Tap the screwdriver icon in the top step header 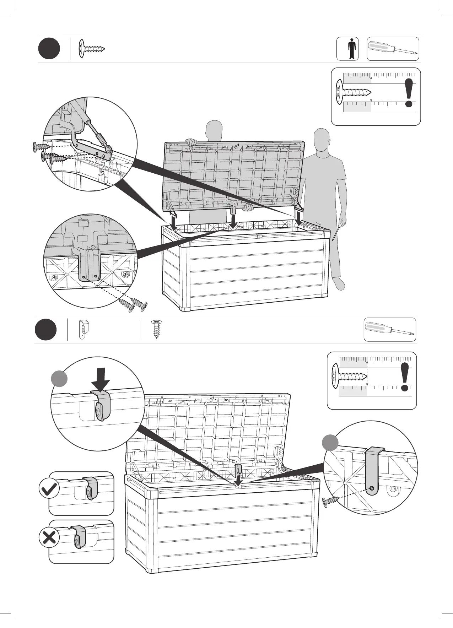pos(393,49)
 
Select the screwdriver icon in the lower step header pos(390,329)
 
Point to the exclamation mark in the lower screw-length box pos(405,377)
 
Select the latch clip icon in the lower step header pos(83,330)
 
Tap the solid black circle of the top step pos(49,49)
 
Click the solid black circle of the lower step pos(46,329)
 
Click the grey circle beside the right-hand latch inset pos(330,443)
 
